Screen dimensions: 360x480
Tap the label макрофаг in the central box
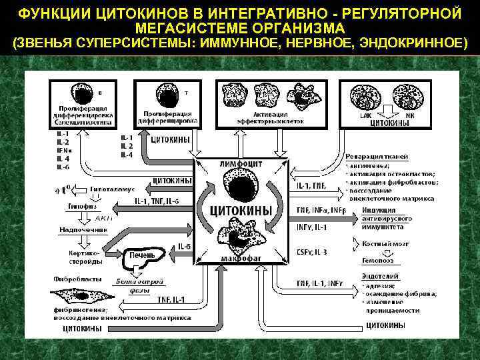coord(241,257)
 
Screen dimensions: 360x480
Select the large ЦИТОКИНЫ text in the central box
coord(241,211)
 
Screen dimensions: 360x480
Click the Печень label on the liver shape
coord(142,255)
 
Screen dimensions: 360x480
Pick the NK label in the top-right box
coord(410,115)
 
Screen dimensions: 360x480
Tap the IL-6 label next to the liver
coord(185,247)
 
